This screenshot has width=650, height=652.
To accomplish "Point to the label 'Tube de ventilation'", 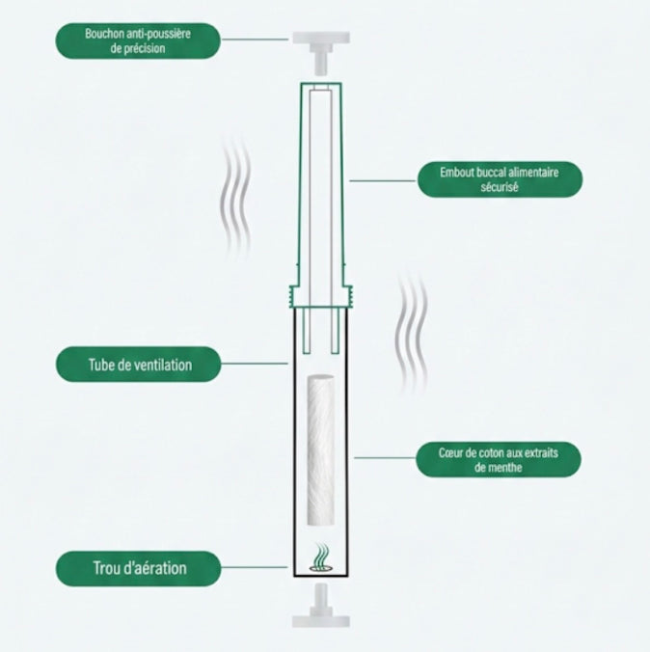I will [137, 365].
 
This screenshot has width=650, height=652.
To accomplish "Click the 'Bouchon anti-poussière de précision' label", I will [137, 40].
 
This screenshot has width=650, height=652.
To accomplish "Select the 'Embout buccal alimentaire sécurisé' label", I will [499, 179].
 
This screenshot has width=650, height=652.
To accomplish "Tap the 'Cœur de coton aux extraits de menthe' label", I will [499, 459].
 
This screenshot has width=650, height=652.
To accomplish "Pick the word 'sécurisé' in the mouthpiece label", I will [499, 188].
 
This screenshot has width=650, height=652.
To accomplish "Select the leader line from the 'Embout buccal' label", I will [382, 179].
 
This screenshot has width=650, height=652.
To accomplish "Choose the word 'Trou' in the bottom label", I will [99, 568].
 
